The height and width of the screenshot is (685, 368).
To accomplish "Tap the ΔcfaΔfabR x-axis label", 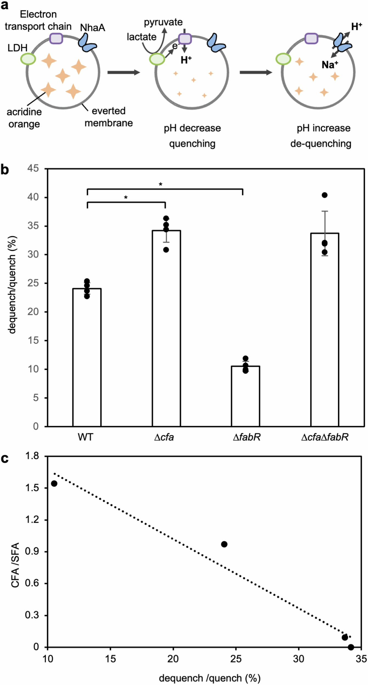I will coord(325,437).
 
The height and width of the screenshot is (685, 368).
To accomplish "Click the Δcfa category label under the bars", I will coord(164,437).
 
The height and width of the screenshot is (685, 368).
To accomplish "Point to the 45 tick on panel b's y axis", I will coord(33,168).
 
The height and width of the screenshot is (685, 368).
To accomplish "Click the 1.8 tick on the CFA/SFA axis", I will coord(32,456).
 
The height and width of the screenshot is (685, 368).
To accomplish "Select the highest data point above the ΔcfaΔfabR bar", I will coord(325,195).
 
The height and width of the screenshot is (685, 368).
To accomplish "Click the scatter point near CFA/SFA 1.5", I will coord(54,483).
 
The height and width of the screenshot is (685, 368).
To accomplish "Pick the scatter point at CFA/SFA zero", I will coord(351,647).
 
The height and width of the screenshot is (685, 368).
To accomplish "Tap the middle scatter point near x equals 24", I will coord(224,544).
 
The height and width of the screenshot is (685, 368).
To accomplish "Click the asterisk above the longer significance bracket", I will coord(161,184).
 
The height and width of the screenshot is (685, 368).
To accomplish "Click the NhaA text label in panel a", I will coord(92,28).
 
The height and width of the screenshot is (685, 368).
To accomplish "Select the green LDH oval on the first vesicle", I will coord(28,59).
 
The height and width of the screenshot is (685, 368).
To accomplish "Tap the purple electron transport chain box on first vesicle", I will coord(56,38).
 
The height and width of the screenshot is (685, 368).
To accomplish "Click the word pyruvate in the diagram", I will coord(163,22).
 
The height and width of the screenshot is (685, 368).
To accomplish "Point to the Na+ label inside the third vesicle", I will coord(330,65).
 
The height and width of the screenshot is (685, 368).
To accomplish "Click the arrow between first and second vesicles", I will coord(124,72).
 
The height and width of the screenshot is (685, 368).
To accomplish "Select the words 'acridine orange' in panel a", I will coord(24,118).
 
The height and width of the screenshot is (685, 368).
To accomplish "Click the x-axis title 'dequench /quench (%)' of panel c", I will coord(210,678).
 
